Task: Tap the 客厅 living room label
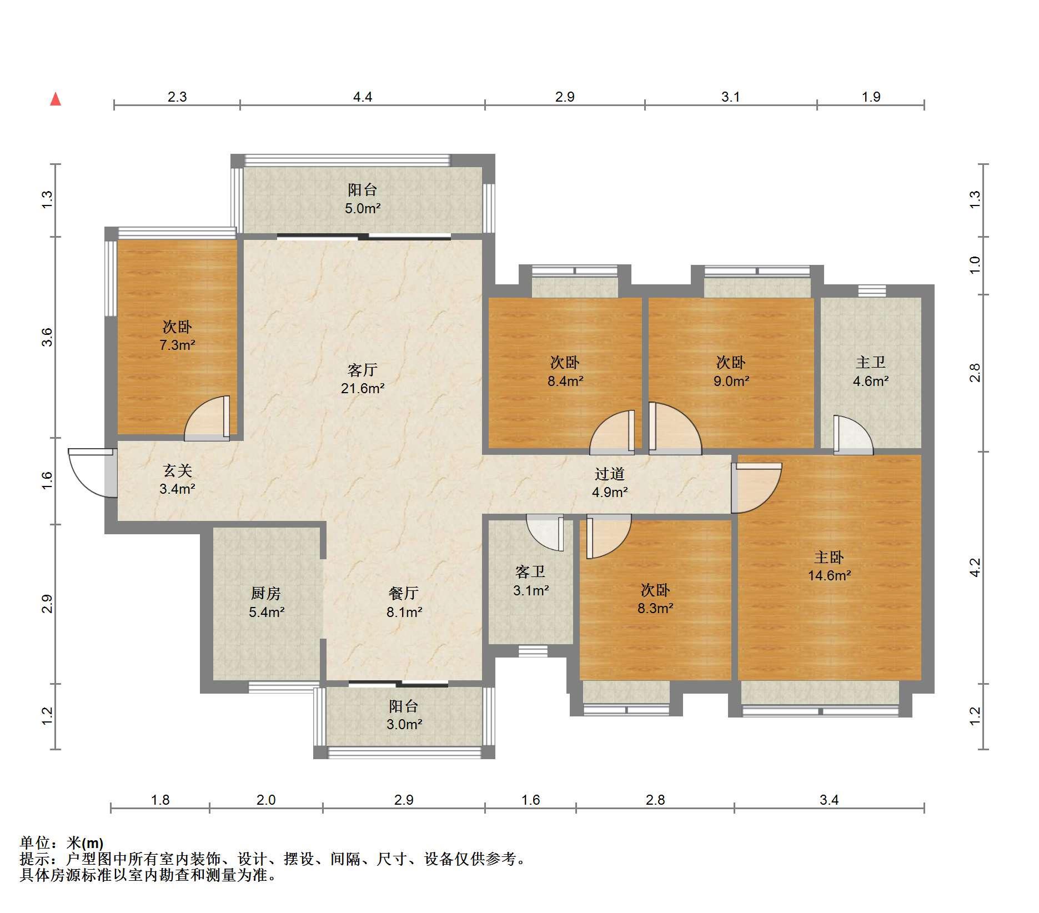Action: coord(363,370)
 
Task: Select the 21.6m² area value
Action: coord(363,388)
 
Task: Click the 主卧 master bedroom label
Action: coord(829,557)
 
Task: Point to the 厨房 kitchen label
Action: coord(266,594)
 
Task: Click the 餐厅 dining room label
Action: coord(404,594)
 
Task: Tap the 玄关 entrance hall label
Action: coord(177,471)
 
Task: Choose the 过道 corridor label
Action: coord(610,474)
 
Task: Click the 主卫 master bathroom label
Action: coord(870,363)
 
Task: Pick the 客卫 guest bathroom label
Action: coord(530,572)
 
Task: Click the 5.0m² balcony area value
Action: coord(363,209)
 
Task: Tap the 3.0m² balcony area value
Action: coord(404,724)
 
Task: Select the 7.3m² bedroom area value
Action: coord(177,345)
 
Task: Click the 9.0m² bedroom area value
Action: coord(731,381)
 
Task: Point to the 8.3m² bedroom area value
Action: coord(655,608)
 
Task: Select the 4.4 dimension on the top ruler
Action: coord(363,97)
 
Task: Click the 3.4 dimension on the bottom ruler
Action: coord(829,800)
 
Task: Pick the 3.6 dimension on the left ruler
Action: coord(47,337)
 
